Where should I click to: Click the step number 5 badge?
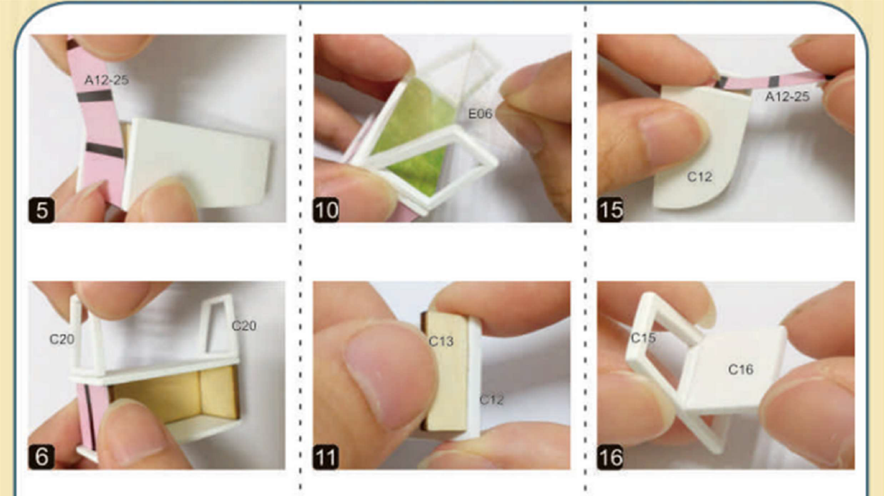coord(41,210)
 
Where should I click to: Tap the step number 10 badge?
coord(326,210)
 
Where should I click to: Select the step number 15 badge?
coord(610,210)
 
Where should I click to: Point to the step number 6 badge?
coord(41,457)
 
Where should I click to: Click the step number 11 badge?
coord(325,457)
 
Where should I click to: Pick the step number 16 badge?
coord(610,457)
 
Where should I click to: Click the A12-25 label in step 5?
coord(107,80)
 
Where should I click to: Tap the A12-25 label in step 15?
coord(787,97)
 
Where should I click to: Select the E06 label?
coord(480,114)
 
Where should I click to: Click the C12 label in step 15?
coord(700,176)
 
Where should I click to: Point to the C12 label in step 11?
coord(492,400)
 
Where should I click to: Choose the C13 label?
coord(441,342)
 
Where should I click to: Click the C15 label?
coord(643,338)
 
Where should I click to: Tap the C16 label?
coord(741,370)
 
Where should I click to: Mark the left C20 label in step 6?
coord(62,339)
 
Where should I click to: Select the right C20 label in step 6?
coord(244,326)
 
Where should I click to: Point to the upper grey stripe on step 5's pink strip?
coord(95,96)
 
